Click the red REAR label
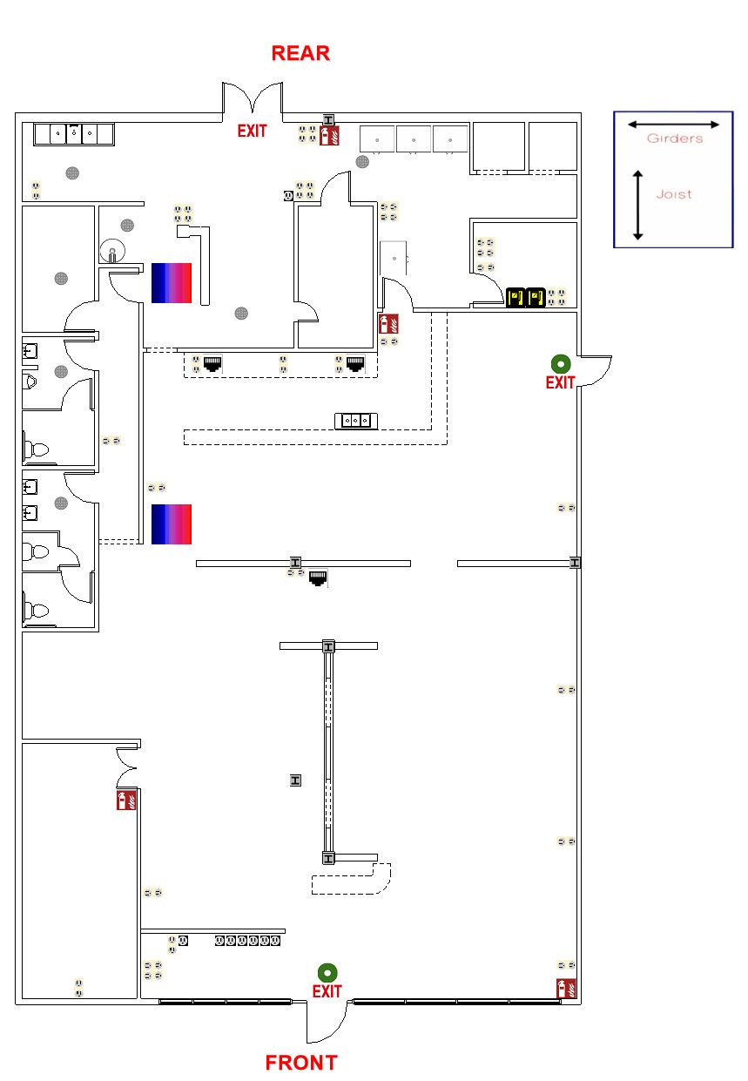pyautogui.click(x=300, y=53)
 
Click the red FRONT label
pyautogui.click(x=301, y=1063)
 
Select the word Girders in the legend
pyautogui.click(x=674, y=139)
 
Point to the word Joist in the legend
pyautogui.click(x=674, y=194)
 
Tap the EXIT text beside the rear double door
pyautogui.click(x=253, y=132)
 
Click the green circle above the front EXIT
pyautogui.click(x=327, y=972)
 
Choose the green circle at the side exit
pyautogui.click(x=560, y=363)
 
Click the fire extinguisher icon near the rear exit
pyautogui.click(x=329, y=135)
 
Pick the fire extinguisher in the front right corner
pyautogui.click(x=566, y=989)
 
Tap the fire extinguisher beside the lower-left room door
pyautogui.click(x=126, y=801)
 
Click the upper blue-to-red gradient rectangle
pyautogui.click(x=172, y=282)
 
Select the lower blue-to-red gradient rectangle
pyautogui.click(x=172, y=524)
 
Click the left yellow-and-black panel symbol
pyautogui.click(x=516, y=298)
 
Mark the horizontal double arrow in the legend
pyautogui.click(x=674, y=125)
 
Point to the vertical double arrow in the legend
pyautogui.click(x=638, y=205)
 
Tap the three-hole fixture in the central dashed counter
pyautogui.click(x=357, y=421)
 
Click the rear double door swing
pyautogui.click(x=253, y=98)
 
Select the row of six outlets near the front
pyautogui.click(x=248, y=941)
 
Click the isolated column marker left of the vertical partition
pyautogui.click(x=296, y=780)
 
